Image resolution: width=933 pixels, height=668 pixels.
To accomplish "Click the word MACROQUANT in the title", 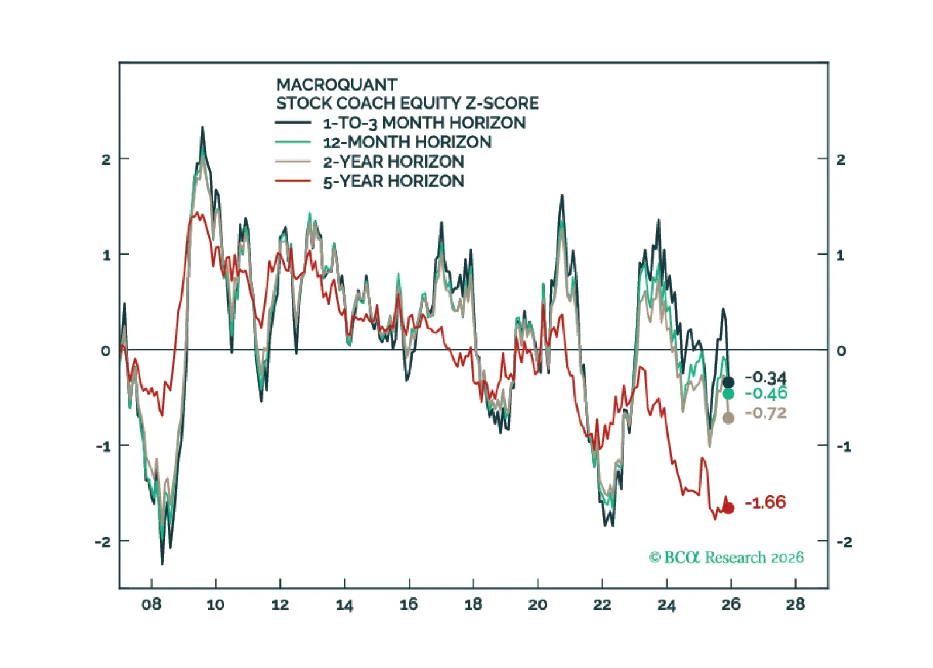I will [336, 85].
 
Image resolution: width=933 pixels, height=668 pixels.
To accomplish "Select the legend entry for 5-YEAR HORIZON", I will [393, 181].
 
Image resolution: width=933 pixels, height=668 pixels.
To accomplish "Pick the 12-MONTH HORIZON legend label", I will [407, 142].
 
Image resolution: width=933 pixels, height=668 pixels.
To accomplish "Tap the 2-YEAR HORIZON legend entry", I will [393, 162].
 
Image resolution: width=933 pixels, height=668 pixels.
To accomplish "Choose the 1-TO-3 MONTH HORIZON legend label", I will [424, 123].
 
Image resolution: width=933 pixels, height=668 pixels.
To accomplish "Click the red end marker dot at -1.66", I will [728, 508].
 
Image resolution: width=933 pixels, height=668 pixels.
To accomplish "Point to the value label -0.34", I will [766, 377].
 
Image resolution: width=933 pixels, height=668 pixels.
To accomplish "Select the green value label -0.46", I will [766, 393].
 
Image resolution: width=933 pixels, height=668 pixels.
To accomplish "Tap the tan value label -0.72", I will [766, 413].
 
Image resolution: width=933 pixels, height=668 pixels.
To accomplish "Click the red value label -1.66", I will [766, 502].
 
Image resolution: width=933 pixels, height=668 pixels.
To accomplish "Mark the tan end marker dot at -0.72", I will [728, 418].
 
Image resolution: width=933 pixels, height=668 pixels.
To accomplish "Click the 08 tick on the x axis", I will [151, 604].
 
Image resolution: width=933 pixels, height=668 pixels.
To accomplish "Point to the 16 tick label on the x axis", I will [409, 604].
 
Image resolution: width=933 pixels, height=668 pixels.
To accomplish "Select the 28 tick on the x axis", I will [795, 604].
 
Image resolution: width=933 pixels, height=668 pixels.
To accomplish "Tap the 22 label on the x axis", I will [602, 604].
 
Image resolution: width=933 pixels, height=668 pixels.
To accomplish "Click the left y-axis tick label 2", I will [106, 159].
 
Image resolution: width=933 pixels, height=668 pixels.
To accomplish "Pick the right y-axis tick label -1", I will [842, 447].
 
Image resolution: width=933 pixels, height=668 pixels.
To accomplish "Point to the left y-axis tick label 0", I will [105, 351].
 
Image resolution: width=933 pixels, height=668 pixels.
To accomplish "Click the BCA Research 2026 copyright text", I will [726, 558].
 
